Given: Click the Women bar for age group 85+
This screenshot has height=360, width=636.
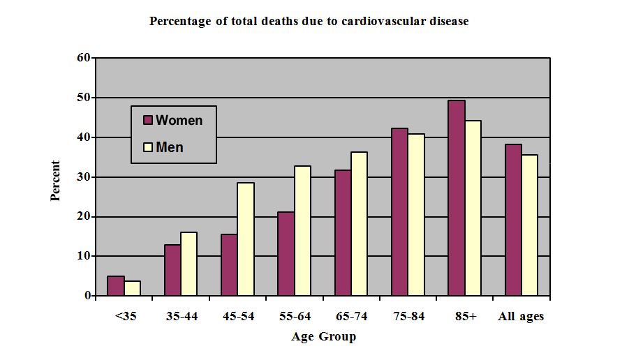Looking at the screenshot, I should coord(457,198).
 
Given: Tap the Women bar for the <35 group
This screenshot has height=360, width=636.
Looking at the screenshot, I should coord(116,286).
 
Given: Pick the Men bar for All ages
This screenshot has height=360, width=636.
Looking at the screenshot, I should coord(529,225).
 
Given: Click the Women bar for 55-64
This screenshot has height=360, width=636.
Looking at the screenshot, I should coord(286,253).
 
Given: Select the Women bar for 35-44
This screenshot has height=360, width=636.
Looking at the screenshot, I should coord(172,270).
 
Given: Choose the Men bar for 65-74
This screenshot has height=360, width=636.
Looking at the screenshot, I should coord(359,223).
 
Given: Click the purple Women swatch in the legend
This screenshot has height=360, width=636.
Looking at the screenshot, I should coord(148,120).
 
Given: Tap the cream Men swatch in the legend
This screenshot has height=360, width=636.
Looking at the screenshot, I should coord(148,147).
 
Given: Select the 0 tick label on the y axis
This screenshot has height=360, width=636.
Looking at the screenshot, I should coord(87,296).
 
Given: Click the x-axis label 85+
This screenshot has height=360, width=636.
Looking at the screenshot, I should coord(464,317).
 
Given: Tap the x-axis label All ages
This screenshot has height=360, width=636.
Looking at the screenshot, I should coord(521,317).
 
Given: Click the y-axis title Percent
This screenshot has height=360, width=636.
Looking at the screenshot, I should coord(56,181).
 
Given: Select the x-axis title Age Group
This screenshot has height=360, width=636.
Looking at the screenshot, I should coord(323,337).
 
